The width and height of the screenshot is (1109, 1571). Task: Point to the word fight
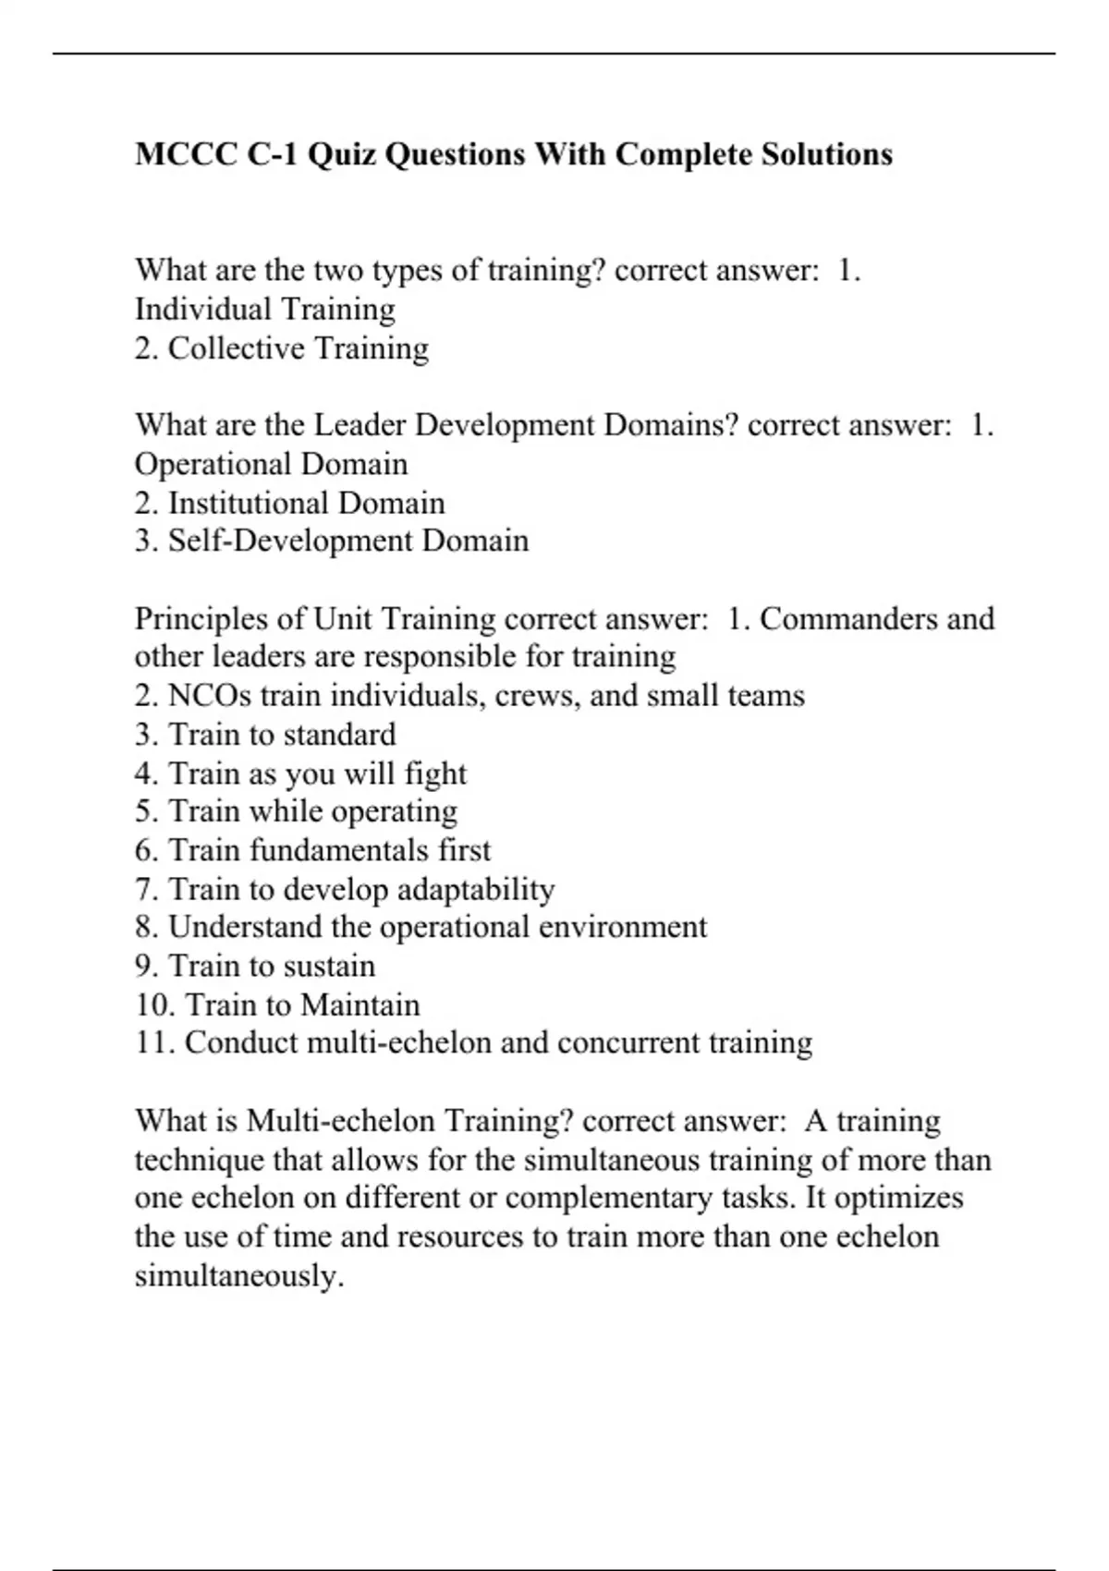pos(435,773)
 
